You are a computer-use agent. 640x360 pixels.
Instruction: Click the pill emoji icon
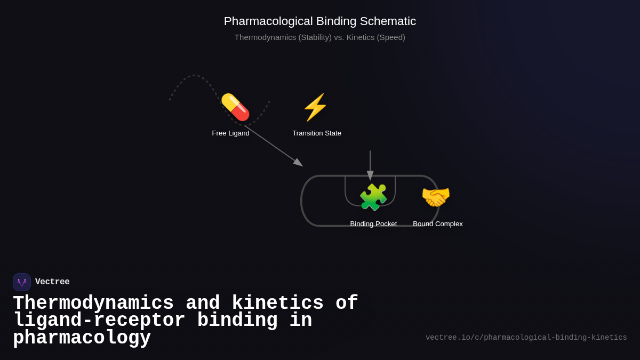235,107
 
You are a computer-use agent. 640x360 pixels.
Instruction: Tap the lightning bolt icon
315,107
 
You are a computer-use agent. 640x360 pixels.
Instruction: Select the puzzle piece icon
373,197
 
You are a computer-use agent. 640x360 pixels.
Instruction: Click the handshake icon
436,197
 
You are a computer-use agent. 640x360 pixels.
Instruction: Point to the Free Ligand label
230,133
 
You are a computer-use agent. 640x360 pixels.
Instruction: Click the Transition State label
317,133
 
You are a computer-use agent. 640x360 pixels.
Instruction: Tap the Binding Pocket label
373,224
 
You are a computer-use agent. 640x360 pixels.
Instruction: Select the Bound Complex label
438,224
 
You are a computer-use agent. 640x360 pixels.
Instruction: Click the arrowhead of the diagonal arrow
299,163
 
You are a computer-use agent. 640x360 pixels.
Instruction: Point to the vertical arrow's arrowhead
370,175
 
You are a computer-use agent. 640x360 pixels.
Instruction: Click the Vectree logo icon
22,282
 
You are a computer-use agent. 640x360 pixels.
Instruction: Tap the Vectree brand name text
52,282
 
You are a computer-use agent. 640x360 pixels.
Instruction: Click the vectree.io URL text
526,338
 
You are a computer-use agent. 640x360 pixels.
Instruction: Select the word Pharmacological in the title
268,21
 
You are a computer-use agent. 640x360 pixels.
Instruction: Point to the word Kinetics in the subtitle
365,37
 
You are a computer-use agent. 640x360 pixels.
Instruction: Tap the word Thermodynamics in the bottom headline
93,303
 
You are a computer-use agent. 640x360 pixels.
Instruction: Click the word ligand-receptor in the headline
99,321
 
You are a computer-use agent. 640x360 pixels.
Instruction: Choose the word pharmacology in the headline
82,338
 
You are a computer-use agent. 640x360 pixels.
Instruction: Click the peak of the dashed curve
194,76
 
